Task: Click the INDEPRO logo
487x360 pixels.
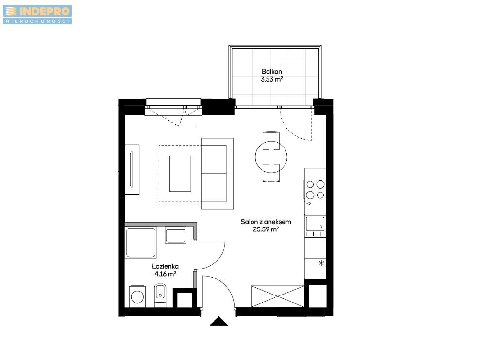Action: click(x=37, y=14)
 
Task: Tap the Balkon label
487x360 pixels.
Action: click(x=272, y=72)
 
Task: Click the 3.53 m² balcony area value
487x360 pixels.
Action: click(x=272, y=79)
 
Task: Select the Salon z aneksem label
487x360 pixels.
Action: click(x=266, y=222)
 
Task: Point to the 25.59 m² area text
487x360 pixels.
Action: click(x=266, y=229)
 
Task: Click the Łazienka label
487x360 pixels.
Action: click(x=165, y=266)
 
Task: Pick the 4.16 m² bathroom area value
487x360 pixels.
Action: click(x=166, y=274)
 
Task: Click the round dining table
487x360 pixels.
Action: click(x=271, y=157)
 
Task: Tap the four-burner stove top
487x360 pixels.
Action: click(x=315, y=190)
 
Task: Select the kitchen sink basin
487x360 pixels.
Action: click(x=315, y=224)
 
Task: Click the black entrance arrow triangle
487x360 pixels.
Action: click(x=218, y=321)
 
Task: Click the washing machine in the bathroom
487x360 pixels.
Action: click(x=137, y=296)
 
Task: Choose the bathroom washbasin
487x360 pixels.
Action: click(x=175, y=236)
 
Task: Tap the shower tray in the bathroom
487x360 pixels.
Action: click(x=141, y=243)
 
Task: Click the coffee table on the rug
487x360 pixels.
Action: click(x=180, y=174)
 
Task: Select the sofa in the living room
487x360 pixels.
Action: click(x=217, y=174)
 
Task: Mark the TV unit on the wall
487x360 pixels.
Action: click(x=132, y=169)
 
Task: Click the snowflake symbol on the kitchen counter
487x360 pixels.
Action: click(x=321, y=263)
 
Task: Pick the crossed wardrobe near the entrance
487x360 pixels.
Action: click(x=277, y=296)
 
